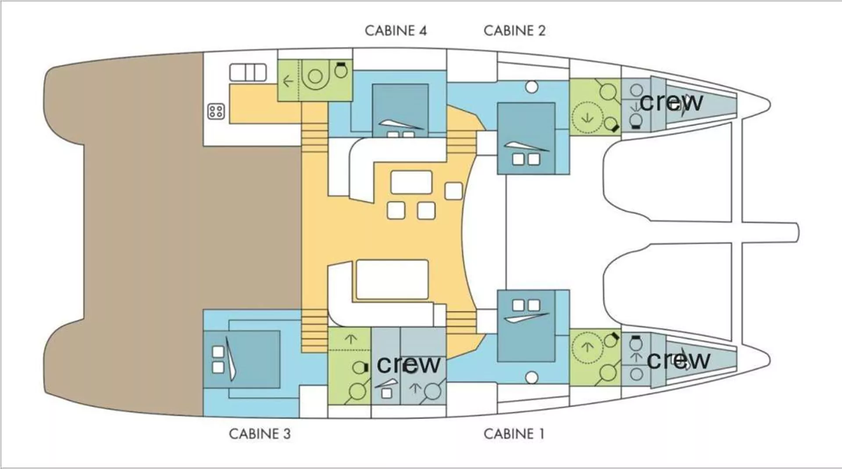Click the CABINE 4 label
click(396, 31)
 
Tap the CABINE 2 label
click(514, 31)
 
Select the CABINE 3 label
click(260, 434)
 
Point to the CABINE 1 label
click(514, 434)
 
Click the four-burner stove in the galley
click(216, 111)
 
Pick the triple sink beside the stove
click(248, 72)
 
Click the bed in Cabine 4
click(400, 110)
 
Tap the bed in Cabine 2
click(526, 138)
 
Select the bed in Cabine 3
click(242, 359)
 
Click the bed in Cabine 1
click(526, 326)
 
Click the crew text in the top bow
click(671, 102)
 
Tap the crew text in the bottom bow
click(678, 360)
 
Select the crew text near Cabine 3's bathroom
click(409, 364)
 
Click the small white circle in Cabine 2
click(532, 87)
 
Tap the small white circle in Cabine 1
click(532, 377)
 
